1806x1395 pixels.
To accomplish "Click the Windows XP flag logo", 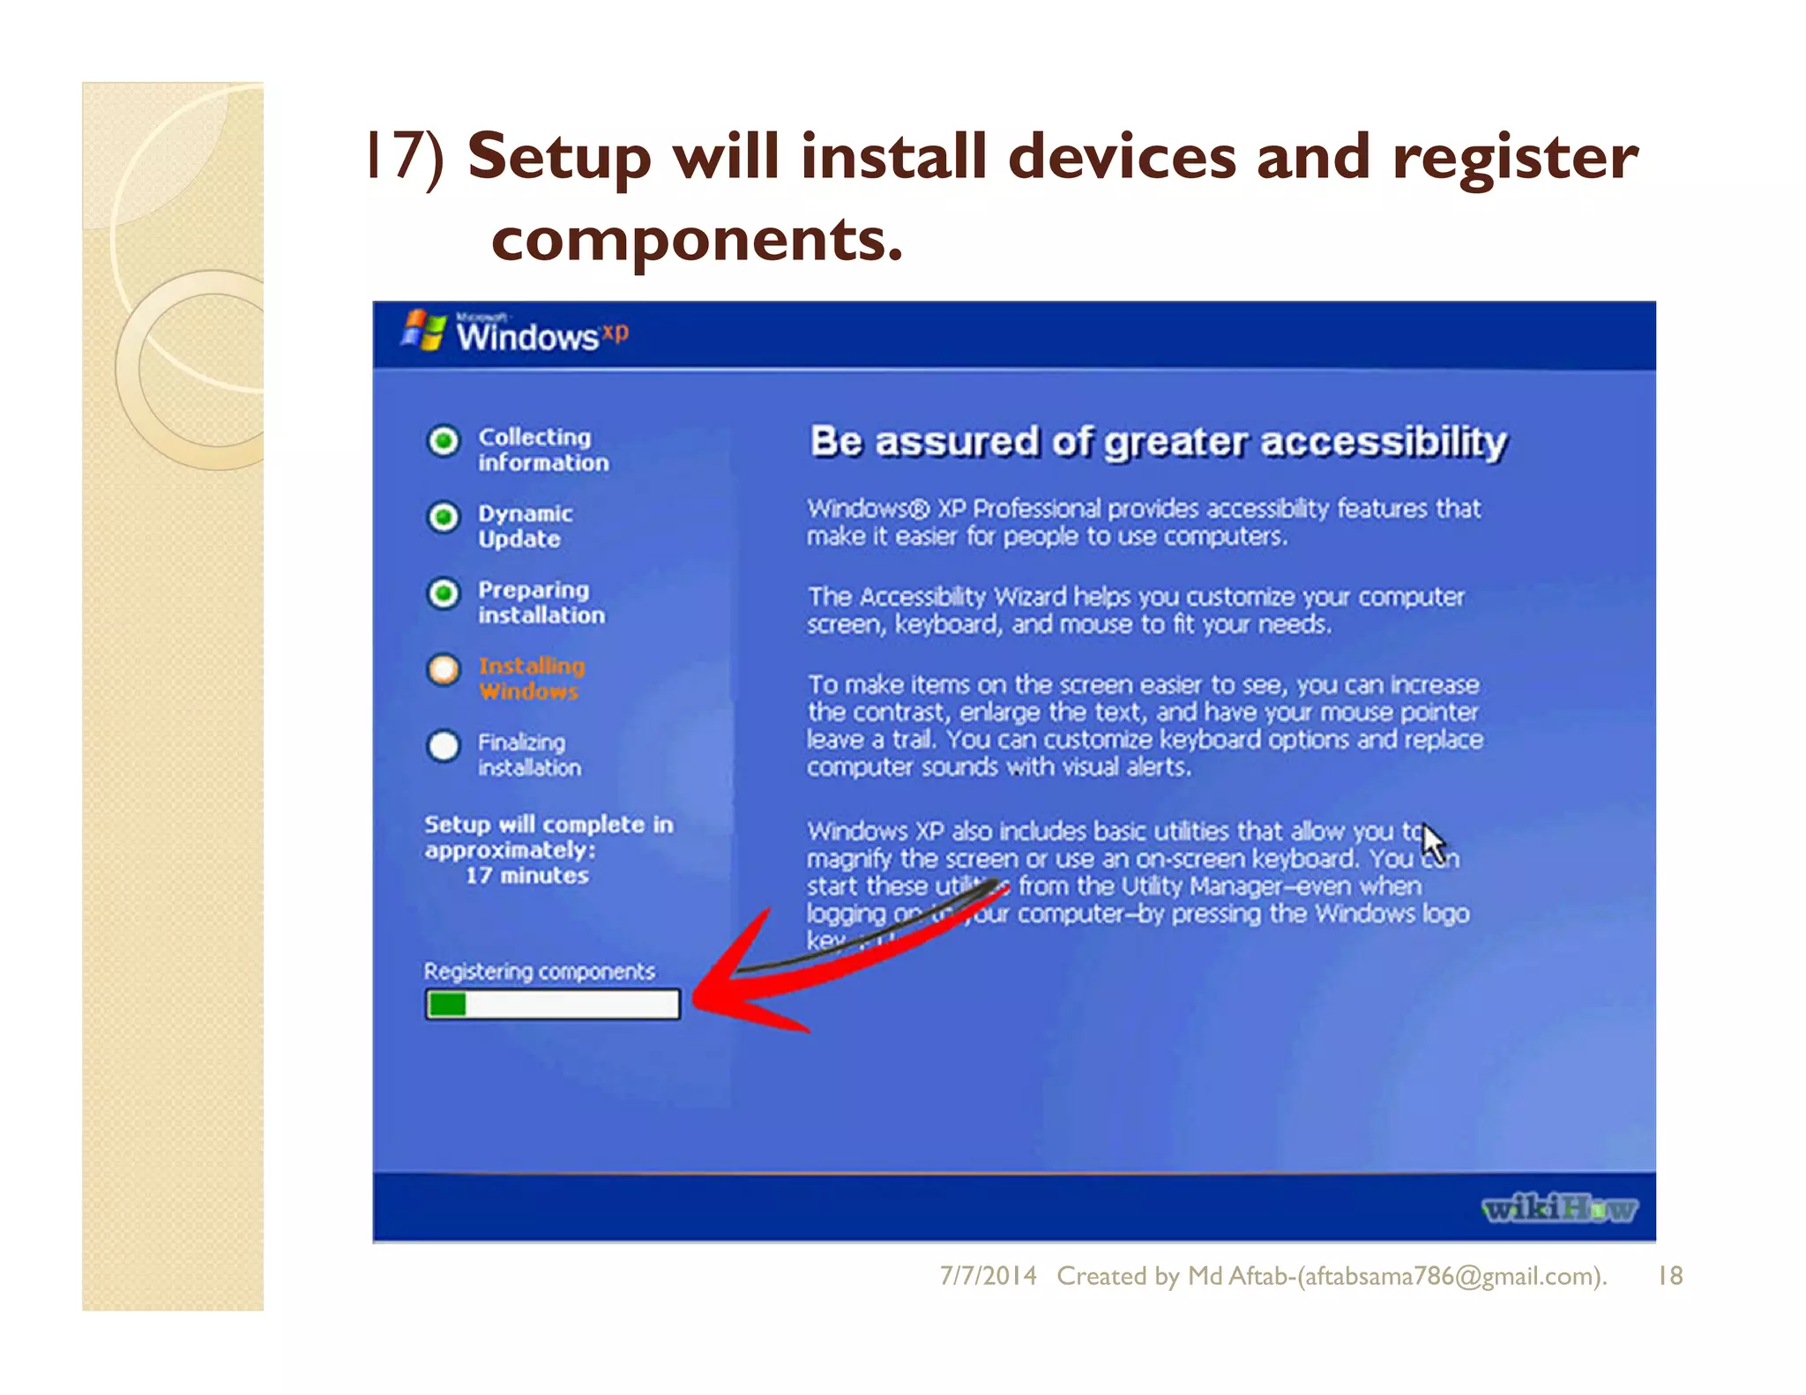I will click(424, 331).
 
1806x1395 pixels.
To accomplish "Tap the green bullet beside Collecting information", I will click(444, 440).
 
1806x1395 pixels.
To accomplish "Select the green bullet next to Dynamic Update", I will click(444, 517).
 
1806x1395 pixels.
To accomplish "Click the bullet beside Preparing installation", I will click(444, 593).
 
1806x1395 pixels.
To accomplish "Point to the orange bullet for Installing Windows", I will click(444, 669).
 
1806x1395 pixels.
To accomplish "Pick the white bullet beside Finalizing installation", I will click(444, 746).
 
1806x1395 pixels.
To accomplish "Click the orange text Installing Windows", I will click(531, 678).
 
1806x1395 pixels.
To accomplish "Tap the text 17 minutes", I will click(526, 876).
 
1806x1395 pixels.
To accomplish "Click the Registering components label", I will click(539, 971).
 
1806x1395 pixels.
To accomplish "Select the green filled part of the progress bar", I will click(447, 1004).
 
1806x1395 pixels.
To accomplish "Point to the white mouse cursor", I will click(1433, 842).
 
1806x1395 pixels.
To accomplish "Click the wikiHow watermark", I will click(1558, 1208).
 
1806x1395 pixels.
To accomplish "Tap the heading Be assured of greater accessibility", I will click(1158, 442).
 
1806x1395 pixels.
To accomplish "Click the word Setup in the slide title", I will click(559, 157).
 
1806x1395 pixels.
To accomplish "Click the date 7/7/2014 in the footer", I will click(988, 1276).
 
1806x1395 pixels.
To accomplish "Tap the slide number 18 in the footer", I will click(1669, 1276).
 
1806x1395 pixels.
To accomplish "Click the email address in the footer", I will click(1450, 1276).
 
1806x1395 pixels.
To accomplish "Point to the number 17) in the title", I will click(406, 157).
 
